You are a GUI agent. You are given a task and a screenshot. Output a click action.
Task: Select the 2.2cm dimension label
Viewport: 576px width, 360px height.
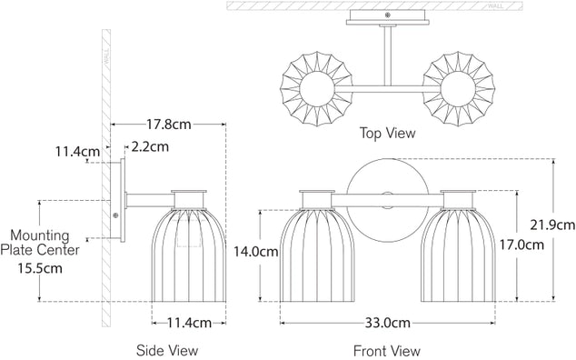pos(149,145)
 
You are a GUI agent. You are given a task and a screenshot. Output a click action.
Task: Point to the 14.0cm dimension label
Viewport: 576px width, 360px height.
pos(254,252)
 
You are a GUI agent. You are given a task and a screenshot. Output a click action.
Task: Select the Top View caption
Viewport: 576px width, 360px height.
pos(388,133)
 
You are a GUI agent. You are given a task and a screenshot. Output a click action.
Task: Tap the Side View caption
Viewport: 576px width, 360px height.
pos(166,350)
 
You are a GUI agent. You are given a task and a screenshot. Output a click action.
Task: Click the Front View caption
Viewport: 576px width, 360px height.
pos(386,350)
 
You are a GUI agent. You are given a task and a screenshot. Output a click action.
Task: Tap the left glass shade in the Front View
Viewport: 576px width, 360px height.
pos(314,255)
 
